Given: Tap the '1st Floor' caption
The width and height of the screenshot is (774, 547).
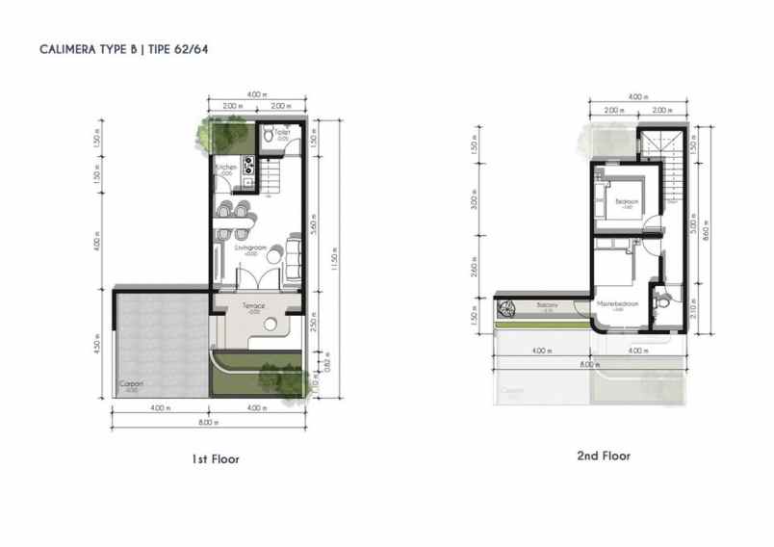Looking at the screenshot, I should click(216, 459).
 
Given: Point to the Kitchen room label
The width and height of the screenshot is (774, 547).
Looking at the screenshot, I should click(226, 168).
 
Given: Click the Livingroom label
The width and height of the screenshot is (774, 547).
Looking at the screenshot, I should click(250, 248).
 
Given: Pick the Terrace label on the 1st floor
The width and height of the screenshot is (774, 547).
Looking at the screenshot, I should click(253, 306).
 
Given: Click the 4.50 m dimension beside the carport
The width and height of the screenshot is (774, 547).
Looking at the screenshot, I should click(98, 344).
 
